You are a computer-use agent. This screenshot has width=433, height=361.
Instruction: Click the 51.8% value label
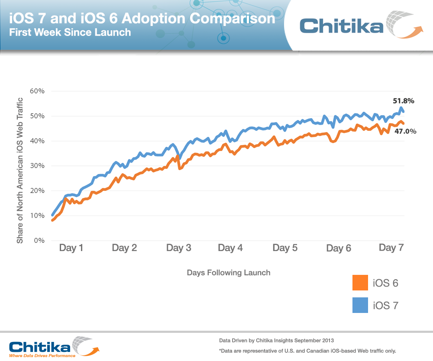point(404,101)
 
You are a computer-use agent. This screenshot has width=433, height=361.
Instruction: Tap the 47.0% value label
point(406,131)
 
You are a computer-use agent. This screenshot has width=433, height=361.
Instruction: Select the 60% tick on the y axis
point(37,91)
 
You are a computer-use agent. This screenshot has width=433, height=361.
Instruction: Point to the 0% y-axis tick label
point(39,240)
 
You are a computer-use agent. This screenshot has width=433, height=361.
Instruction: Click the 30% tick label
point(37,165)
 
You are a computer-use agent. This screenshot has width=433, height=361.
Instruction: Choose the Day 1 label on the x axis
point(71,248)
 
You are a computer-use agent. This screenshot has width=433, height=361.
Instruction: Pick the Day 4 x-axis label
point(230,248)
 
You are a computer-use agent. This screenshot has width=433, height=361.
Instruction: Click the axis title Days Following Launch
point(229,273)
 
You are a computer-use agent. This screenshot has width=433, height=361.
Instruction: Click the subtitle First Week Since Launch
point(70,32)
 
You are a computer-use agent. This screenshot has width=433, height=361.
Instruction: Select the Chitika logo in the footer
point(52,346)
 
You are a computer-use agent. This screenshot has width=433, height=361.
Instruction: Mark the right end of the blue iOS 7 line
point(404,112)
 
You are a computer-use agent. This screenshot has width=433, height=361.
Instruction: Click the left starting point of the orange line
point(52,220)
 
